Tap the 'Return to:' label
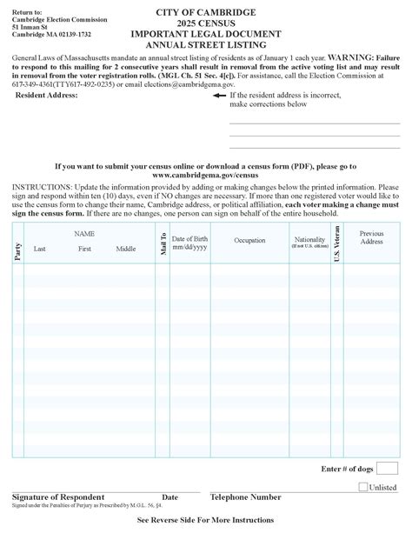(x=27, y=7)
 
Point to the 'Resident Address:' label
(x=47, y=96)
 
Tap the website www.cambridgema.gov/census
(x=206, y=174)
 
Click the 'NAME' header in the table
(x=84, y=234)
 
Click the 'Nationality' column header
(x=309, y=241)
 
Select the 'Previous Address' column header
(x=371, y=237)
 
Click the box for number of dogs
(x=387, y=469)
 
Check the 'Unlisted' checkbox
(x=362, y=487)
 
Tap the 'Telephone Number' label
(x=245, y=497)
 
